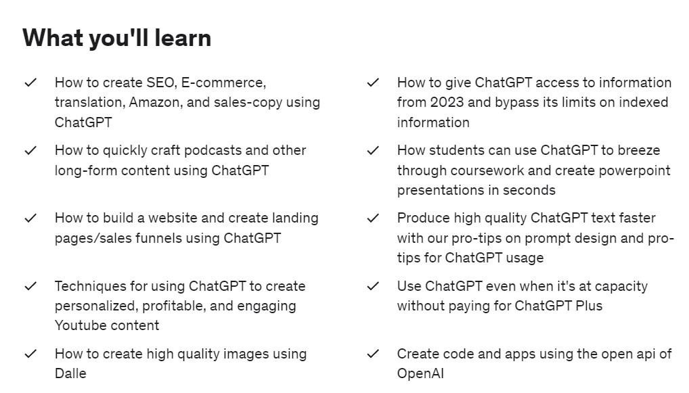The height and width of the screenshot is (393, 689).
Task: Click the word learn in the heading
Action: tap(183, 38)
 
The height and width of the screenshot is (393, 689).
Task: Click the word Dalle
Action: tap(70, 373)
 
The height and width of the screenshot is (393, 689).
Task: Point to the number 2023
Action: tap(447, 102)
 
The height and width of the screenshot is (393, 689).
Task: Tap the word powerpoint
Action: tap(634, 170)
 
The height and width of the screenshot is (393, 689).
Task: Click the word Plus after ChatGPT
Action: tap(589, 306)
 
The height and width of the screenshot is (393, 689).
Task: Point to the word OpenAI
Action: tap(420, 373)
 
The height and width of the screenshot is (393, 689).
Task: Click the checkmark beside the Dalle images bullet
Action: tap(30, 354)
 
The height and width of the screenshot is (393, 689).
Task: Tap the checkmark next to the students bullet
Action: tap(373, 150)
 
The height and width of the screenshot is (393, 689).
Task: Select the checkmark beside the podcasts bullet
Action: tap(30, 150)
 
